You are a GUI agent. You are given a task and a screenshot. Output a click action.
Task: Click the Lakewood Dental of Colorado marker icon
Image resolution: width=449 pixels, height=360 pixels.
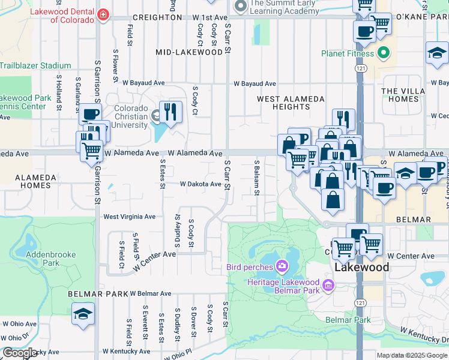pyautogui.click(x=103, y=14)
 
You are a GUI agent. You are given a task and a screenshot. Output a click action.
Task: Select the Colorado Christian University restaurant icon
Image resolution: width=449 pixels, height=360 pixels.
pyautogui.click(x=171, y=112)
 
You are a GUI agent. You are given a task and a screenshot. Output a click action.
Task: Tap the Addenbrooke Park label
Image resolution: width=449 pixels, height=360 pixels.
pyautogui.click(x=51, y=259)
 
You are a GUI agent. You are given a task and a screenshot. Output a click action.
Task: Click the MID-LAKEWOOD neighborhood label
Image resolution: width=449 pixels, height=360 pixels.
pyautogui.click(x=189, y=52)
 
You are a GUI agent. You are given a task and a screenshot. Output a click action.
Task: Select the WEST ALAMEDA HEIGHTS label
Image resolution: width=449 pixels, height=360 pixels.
pyautogui.click(x=291, y=103)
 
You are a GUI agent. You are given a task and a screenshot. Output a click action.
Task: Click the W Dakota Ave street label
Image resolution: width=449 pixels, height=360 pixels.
pyautogui.click(x=201, y=184)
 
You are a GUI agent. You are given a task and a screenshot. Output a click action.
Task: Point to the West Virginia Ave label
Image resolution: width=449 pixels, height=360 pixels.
pyautogui.click(x=129, y=217)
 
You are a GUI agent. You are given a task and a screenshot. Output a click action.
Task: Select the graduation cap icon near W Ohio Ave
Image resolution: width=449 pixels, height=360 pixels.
pyautogui.click(x=83, y=314)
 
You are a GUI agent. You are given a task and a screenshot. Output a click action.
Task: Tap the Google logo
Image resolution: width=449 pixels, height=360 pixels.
pyautogui.click(x=20, y=353)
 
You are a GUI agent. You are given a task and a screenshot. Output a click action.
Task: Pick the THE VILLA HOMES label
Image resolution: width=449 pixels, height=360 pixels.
pyautogui.click(x=399, y=95)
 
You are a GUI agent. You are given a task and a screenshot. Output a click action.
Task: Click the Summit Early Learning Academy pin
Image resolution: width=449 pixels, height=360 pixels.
pyautogui.click(x=241, y=7)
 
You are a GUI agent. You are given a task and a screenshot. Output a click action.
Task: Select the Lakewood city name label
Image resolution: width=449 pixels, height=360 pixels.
pyautogui.click(x=362, y=267)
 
